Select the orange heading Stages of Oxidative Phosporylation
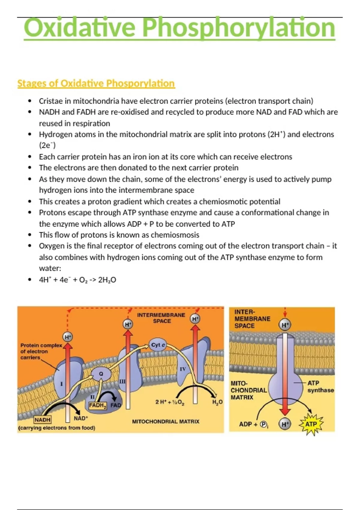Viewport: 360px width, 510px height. pos(96,83)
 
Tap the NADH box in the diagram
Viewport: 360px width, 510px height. pos(42,420)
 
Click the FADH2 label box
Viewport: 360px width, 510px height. pos(98,406)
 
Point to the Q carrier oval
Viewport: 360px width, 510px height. pos(101,374)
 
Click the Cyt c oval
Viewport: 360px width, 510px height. pos(158,345)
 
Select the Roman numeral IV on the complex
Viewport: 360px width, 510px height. pos(183,369)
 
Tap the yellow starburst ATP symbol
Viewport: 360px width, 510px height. pos(311,424)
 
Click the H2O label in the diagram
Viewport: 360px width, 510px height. pos(217,402)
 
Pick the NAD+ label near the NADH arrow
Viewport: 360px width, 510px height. pos(81,418)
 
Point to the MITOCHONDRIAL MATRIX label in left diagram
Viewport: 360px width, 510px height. pos(166,421)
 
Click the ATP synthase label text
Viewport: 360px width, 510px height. pos(320,387)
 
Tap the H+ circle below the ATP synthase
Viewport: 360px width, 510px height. pos(285,424)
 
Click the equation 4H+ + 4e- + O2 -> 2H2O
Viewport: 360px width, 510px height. pos(77,280)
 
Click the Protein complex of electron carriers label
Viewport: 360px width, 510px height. pos(41,351)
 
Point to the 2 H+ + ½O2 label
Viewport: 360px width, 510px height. pos(170,402)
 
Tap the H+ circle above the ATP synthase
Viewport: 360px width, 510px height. pos(285,325)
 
